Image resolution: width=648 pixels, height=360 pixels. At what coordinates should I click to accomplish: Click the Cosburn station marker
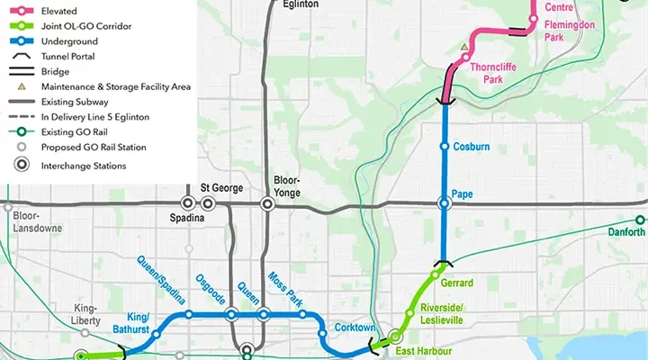click(444, 147)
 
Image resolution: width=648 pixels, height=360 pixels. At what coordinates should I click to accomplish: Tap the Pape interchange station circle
click(444, 204)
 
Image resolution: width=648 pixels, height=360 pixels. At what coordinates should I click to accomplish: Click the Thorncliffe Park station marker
click(464, 58)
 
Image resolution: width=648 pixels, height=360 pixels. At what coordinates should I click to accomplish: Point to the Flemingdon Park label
click(567, 32)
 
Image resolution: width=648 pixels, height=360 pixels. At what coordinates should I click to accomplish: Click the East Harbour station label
click(423, 352)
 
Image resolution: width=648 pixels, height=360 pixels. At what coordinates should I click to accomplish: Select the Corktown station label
click(354, 328)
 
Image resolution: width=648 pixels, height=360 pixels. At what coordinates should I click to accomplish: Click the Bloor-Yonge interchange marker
click(267, 204)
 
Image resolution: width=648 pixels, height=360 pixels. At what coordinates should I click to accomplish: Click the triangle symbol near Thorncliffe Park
click(464, 46)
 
